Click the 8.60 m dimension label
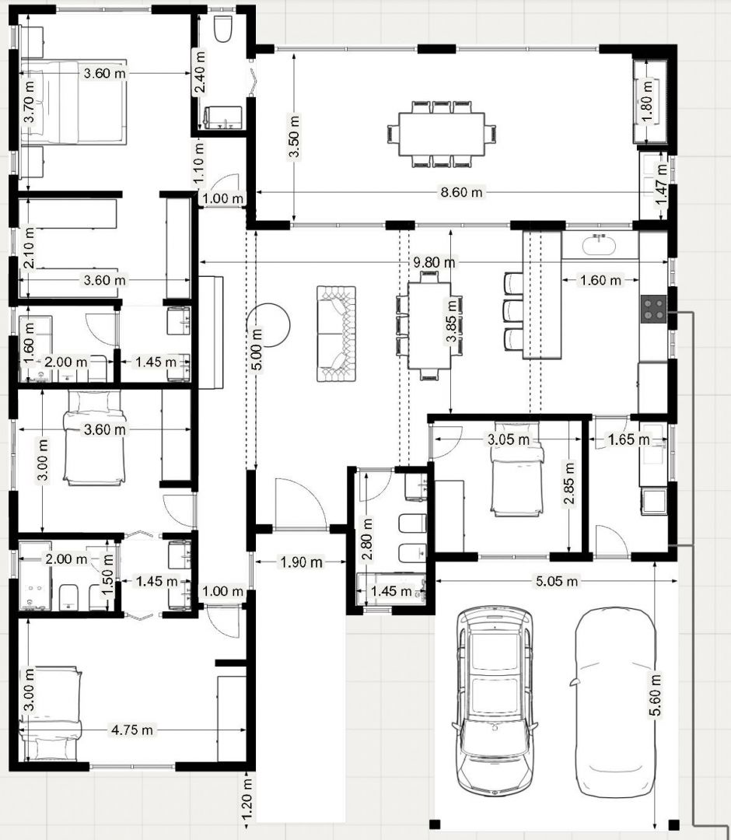pyautogui.click(x=461, y=192)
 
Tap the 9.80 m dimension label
pyautogui.click(x=434, y=263)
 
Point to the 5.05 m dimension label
pyautogui.click(x=557, y=581)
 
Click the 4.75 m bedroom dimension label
pyautogui.click(x=131, y=730)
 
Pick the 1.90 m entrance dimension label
pyautogui.click(x=302, y=562)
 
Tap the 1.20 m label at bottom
pyautogui.click(x=247, y=799)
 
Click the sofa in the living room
pyautogui.click(x=336, y=334)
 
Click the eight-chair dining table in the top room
pyautogui.click(x=441, y=134)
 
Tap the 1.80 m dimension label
pyautogui.click(x=648, y=100)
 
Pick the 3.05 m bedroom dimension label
pyautogui.click(x=509, y=439)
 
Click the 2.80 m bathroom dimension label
pyautogui.click(x=367, y=538)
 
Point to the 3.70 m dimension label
pyautogui.click(x=30, y=100)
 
